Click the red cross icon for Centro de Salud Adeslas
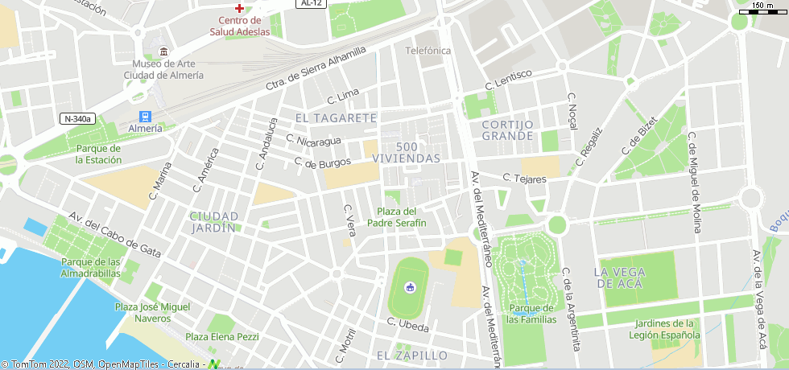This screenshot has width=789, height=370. (x=239, y=7)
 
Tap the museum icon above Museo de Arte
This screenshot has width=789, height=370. (x=164, y=51)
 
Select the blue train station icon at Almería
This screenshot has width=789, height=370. (x=145, y=116)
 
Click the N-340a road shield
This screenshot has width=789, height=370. (x=78, y=119)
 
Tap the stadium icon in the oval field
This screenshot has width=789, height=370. (x=409, y=287)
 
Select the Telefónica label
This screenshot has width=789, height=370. (x=428, y=51)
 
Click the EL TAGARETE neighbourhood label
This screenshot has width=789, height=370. (x=336, y=118)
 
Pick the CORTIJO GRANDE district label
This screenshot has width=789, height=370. (x=508, y=130)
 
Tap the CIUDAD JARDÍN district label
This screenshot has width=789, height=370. (x=214, y=222)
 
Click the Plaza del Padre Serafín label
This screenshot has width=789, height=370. (x=397, y=217)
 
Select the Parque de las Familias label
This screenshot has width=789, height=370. (x=531, y=314)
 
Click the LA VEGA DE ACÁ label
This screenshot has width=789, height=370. (x=627, y=277)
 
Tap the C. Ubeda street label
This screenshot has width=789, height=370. (x=407, y=325)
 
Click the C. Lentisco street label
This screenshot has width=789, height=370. (x=508, y=79)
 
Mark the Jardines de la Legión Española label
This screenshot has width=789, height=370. (x=665, y=329)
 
